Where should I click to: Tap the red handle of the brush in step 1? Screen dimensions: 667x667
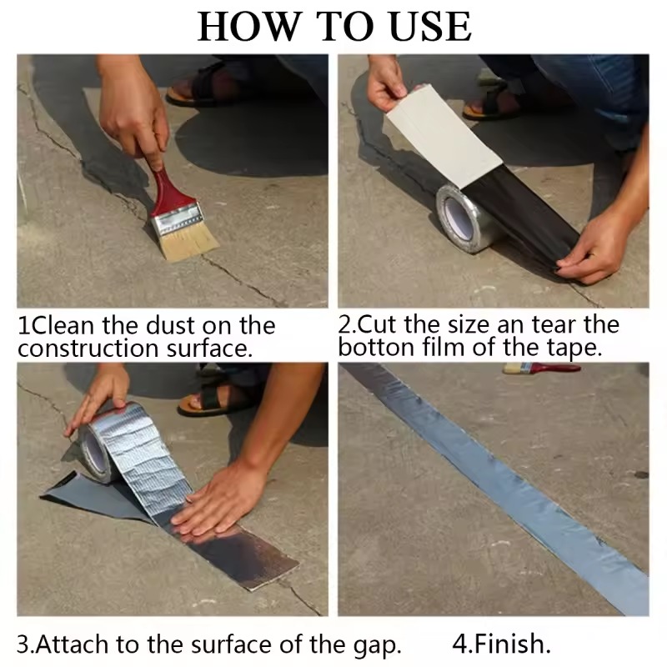[x=165, y=191]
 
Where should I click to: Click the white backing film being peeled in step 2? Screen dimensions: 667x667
[x=443, y=135]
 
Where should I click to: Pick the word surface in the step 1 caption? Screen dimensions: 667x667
[x=208, y=349]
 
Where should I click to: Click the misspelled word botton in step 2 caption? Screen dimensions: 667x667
[x=376, y=348]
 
